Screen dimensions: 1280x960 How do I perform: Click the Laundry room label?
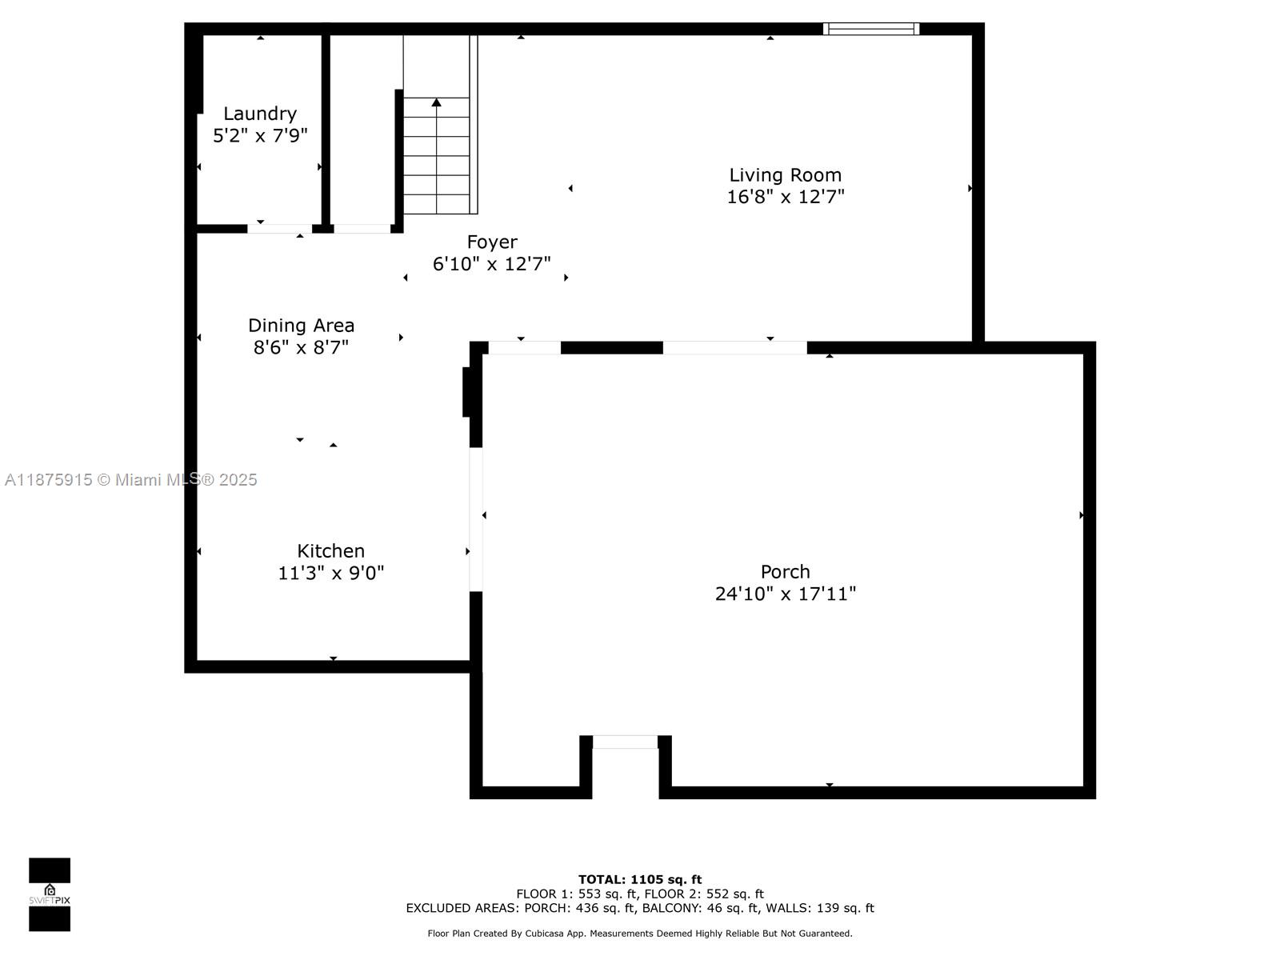[260, 114]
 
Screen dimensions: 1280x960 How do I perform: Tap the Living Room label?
[785, 175]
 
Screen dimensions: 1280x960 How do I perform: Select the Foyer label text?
[491, 242]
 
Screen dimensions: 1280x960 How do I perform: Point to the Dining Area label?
[301, 326]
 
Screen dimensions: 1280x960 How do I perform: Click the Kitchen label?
[330, 551]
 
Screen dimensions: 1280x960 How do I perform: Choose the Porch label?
[785, 571]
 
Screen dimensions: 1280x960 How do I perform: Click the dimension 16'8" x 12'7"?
[785, 197]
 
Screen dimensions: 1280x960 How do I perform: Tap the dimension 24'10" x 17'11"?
[785, 594]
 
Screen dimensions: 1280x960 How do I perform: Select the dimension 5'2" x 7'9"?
[260, 136]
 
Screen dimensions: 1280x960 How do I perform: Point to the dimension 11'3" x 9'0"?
[330, 573]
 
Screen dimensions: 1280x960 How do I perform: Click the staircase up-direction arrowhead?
[436, 102]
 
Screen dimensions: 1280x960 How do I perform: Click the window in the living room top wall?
[871, 29]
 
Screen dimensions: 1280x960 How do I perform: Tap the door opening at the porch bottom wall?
[625, 742]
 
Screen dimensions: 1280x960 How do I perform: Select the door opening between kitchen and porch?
[476, 519]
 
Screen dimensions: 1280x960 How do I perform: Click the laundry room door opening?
[279, 229]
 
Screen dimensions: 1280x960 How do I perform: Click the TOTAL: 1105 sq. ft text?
[640, 879]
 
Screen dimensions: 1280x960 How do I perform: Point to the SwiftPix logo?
[50, 894]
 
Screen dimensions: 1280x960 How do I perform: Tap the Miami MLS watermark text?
[130, 480]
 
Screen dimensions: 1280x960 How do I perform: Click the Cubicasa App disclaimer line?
[640, 933]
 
